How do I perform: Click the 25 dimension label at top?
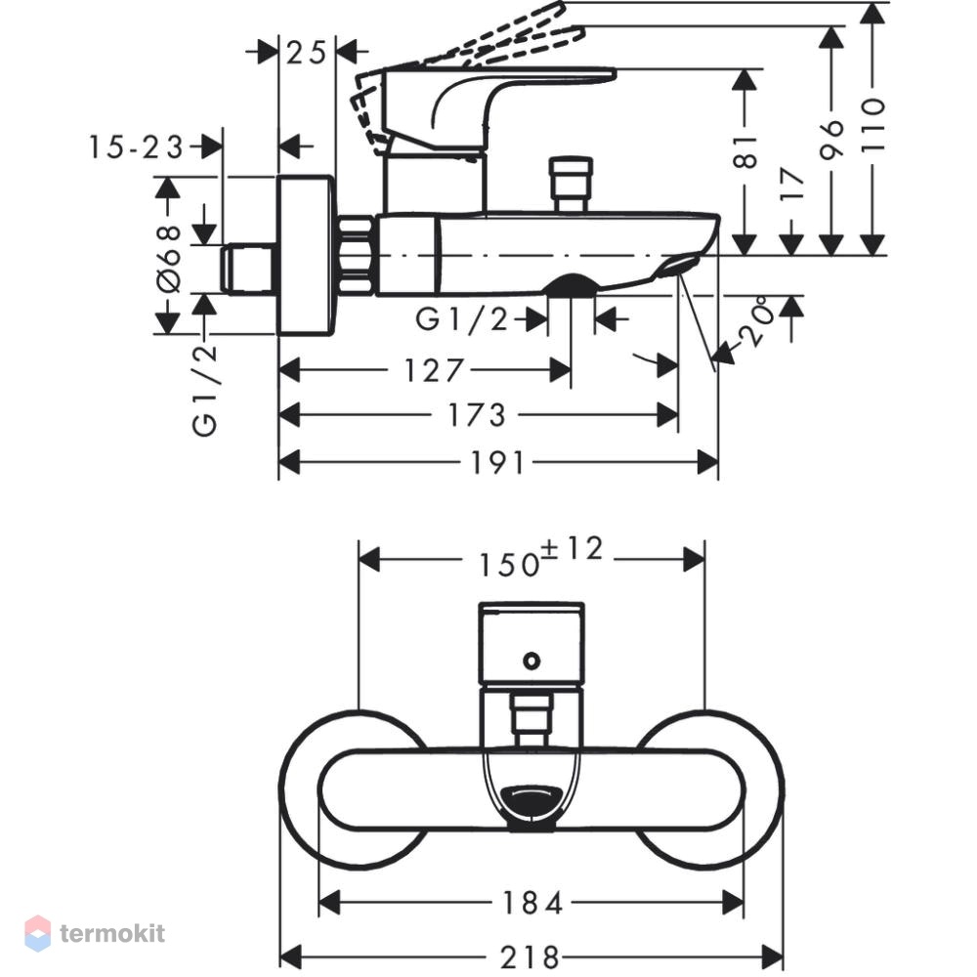306,53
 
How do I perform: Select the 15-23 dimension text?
136,148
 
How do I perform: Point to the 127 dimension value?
434,370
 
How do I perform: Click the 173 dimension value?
477,415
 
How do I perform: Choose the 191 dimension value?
496,463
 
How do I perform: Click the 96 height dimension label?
831,139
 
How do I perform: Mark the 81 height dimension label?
745,152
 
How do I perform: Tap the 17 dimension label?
791,184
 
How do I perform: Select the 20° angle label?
757,320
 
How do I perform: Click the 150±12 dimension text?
541,557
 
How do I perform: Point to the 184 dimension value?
532,903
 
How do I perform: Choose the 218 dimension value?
530,957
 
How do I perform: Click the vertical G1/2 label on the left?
205,391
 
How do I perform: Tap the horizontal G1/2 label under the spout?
462,319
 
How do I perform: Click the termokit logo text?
112,933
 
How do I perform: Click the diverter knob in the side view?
571,185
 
